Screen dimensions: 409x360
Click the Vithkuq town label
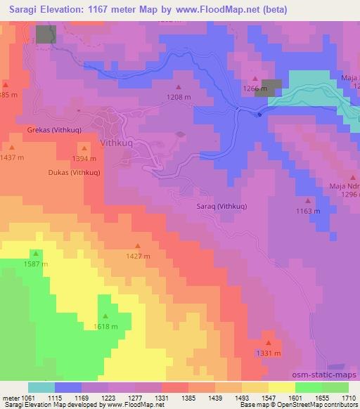coord(117,142)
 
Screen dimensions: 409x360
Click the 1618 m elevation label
coord(105,327)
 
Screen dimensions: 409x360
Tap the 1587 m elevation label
coord(35,264)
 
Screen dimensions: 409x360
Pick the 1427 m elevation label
coord(137,257)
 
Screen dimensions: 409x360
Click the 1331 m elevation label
coord(269,353)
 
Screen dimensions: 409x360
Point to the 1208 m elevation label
coord(179,96)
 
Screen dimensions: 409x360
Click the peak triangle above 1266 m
coord(255,79)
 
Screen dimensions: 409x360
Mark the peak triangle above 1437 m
coord(13,147)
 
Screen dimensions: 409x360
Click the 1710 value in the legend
coord(349,398)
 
